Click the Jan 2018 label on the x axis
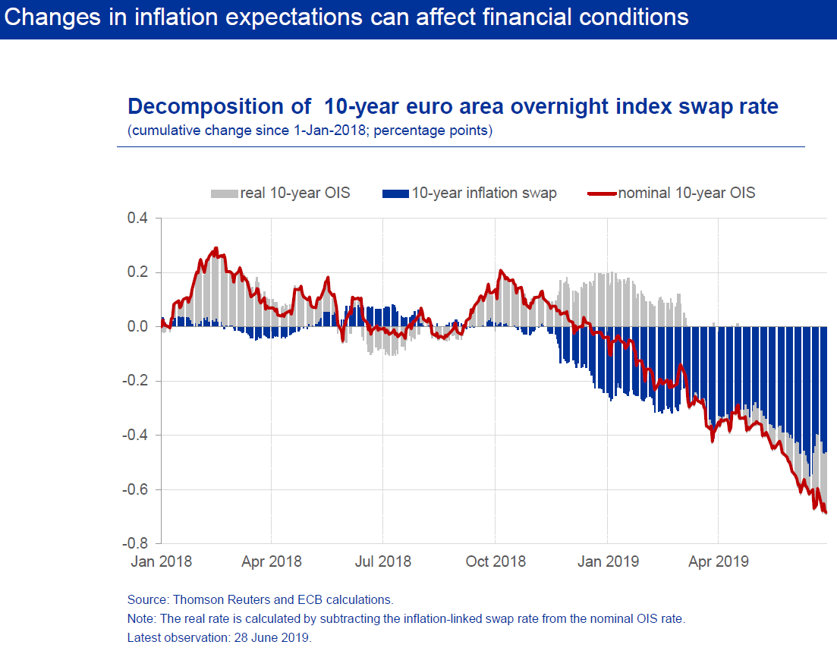[160, 562]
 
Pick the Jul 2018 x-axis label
[383, 562]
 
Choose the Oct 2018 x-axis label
[496, 562]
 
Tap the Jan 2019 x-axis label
[608, 562]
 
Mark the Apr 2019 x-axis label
[719, 562]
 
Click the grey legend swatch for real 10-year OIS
[225, 193]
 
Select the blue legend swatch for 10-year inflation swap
[397, 193]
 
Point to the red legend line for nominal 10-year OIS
[603, 193]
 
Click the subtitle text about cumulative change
[310, 131]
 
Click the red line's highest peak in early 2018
[216, 248]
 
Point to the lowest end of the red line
[825, 513]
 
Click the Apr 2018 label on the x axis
[272, 562]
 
